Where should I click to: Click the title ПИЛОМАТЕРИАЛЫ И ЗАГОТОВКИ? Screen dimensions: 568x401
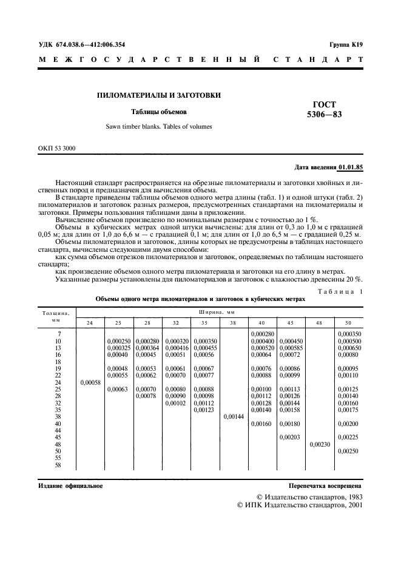click(159, 95)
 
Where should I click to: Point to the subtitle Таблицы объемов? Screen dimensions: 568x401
click(159, 112)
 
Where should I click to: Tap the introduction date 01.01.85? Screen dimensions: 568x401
click(351, 166)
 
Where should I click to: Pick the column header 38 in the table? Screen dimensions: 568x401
click(233, 322)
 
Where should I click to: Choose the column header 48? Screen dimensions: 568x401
click(319, 322)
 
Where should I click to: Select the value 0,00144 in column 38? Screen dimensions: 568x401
click(233, 417)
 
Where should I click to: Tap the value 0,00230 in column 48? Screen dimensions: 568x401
click(319, 444)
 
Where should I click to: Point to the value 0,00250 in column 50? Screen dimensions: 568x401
click(348, 451)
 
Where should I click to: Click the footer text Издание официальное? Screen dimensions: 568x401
click(70, 486)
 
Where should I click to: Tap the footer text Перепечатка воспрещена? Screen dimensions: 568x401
click(326, 486)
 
